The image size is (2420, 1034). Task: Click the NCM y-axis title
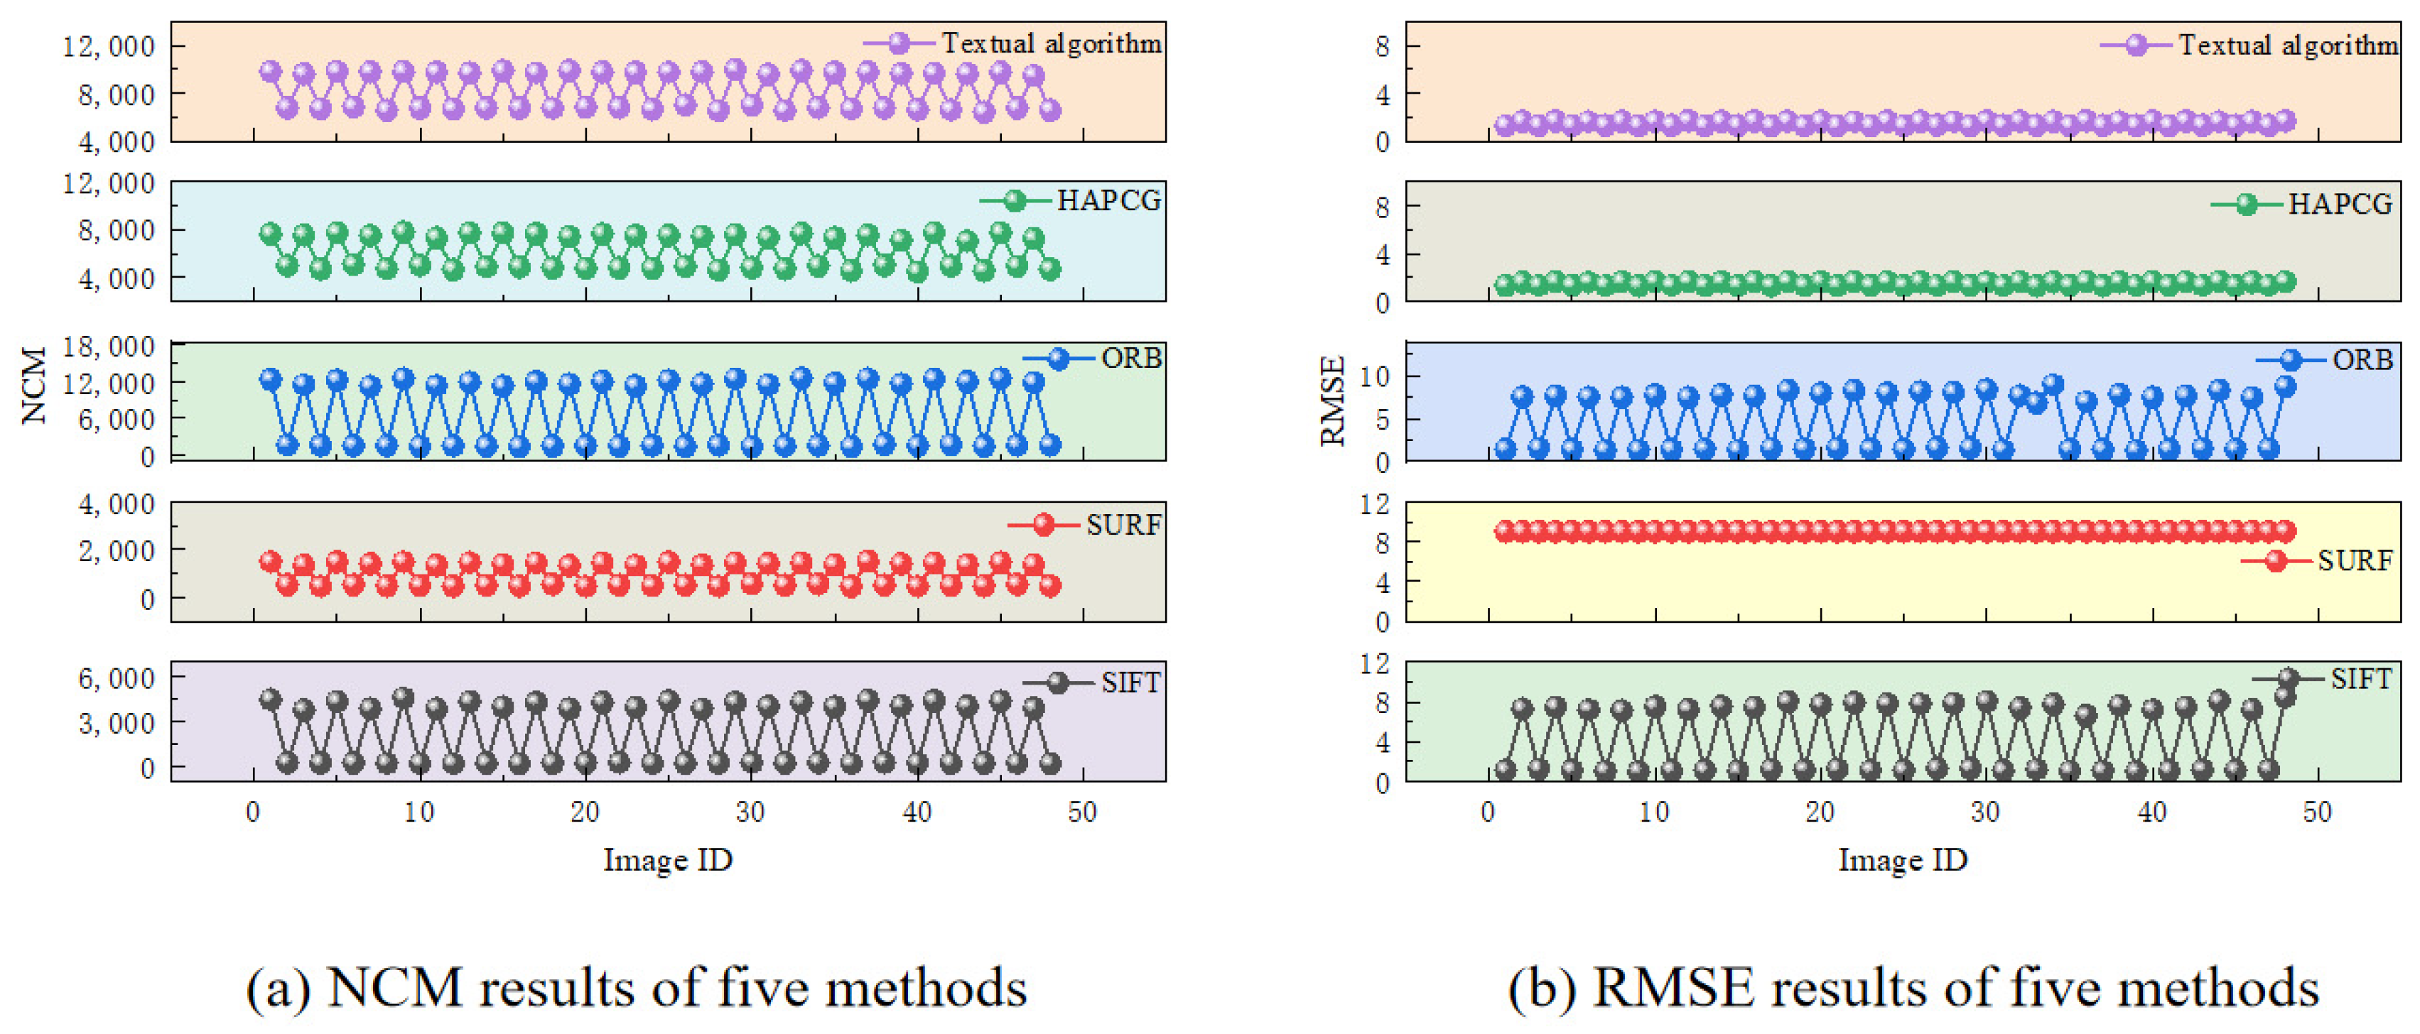(34, 385)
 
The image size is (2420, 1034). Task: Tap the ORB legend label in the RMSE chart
(2362, 359)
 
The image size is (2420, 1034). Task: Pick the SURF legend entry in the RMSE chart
(2354, 560)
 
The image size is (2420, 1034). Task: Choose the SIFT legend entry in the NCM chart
(1130, 682)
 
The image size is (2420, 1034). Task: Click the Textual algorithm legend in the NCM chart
(1050, 43)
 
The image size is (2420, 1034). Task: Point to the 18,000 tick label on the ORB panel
(109, 347)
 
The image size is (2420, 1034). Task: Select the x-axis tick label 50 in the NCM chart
(1082, 812)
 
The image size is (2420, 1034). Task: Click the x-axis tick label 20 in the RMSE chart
(1820, 812)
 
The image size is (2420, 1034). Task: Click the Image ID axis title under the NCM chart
(667, 859)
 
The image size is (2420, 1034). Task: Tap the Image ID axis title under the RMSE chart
(1902, 859)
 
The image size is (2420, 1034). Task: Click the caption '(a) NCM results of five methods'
(636, 989)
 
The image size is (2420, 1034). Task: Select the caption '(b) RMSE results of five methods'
(1913, 989)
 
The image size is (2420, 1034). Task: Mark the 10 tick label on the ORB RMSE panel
(1374, 376)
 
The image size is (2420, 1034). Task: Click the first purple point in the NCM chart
(271, 72)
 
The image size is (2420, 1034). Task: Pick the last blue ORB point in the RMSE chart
(2285, 386)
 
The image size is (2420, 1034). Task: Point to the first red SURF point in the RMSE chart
(1505, 530)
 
